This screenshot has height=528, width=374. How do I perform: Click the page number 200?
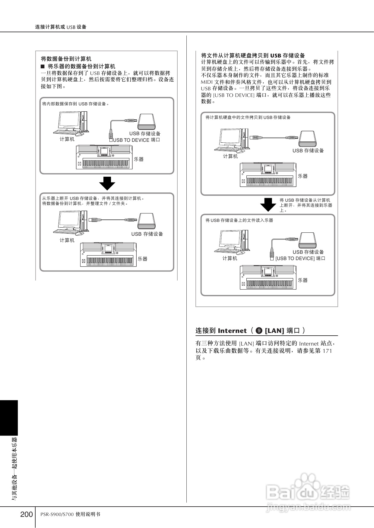(27, 514)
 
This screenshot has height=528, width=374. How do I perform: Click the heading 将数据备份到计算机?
(66, 59)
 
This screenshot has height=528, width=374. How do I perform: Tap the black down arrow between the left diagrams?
(107, 183)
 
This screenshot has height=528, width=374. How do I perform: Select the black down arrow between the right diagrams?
(268, 204)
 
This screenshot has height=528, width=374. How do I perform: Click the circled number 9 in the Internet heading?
(259, 331)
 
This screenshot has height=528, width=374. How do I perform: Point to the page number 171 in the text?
(327, 351)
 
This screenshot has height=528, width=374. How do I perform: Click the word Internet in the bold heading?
(232, 331)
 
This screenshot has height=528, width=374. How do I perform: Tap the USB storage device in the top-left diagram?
(146, 121)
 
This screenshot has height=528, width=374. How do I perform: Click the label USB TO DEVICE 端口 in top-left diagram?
(136, 140)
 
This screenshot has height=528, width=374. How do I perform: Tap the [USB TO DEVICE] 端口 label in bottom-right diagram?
(300, 258)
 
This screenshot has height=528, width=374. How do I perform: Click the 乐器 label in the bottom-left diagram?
(143, 259)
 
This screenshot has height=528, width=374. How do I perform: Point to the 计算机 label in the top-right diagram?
(230, 156)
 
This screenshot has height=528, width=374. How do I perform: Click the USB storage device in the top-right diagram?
(307, 138)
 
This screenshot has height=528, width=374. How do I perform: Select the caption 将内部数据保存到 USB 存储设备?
(75, 104)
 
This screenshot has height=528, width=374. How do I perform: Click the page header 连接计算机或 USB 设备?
(61, 27)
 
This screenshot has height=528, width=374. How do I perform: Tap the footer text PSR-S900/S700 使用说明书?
(70, 514)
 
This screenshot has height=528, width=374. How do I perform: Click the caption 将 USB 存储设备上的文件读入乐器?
(239, 220)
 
